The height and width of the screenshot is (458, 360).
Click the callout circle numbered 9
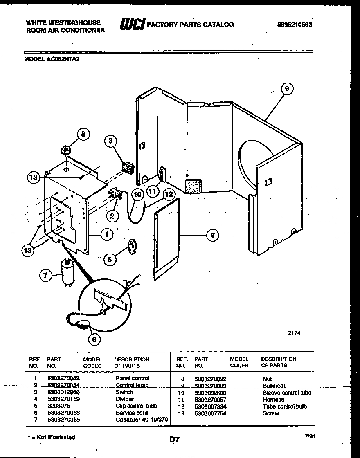[x=287, y=89]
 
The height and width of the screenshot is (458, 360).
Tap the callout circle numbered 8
[x=83, y=134]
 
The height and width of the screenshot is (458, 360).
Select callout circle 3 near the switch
[x=110, y=141]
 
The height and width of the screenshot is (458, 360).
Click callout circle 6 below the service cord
[x=94, y=339]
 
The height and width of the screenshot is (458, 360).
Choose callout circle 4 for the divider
[x=212, y=235]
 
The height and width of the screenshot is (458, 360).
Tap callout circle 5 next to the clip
[x=109, y=259]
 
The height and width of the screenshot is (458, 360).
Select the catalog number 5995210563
[x=295, y=25]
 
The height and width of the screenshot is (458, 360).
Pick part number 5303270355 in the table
[x=64, y=420]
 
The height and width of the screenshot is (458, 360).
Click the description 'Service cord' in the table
[x=132, y=413]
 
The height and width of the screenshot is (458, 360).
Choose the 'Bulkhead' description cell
[x=274, y=386]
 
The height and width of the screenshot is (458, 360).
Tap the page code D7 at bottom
[x=175, y=440]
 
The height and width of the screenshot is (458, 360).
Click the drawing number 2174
[x=294, y=333]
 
